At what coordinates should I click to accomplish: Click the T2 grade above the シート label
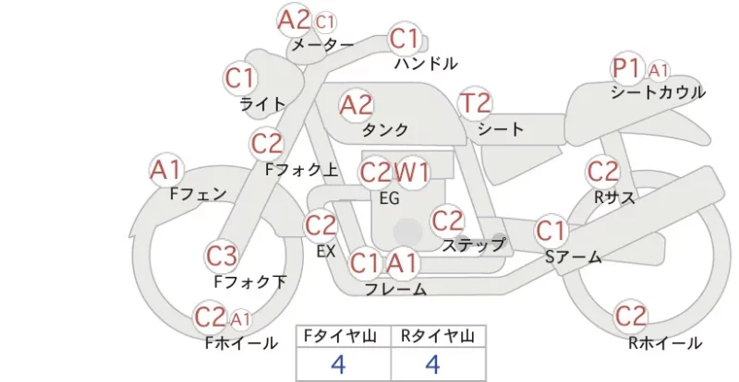click(475, 103)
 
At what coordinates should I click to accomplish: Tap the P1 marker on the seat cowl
click(627, 68)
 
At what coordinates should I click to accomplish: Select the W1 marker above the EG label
click(412, 173)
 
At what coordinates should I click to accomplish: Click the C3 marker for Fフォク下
click(221, 257)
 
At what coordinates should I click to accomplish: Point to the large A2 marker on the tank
click(357, 105)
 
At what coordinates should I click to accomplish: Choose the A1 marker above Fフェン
click(166, 170)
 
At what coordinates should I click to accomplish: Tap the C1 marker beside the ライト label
click(240, 78)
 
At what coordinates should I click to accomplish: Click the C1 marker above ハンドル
click(405, 39)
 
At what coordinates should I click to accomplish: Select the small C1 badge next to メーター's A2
click(325, 21)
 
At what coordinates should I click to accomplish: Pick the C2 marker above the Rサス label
click(603, 172)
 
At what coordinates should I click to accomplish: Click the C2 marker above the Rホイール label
click(630, 316)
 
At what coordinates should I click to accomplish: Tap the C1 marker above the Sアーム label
click(551, 231)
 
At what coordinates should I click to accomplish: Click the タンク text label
click(385, 129)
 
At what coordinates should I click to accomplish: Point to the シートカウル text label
click(658, 92)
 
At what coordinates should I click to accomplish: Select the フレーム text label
click(396, 289)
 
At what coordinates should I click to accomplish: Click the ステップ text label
click(473, 245)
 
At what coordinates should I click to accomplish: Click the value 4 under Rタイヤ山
click(433, 364)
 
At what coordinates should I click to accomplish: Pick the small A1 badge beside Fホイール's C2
click(240, 320)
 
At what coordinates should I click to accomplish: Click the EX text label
click(326, 252)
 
